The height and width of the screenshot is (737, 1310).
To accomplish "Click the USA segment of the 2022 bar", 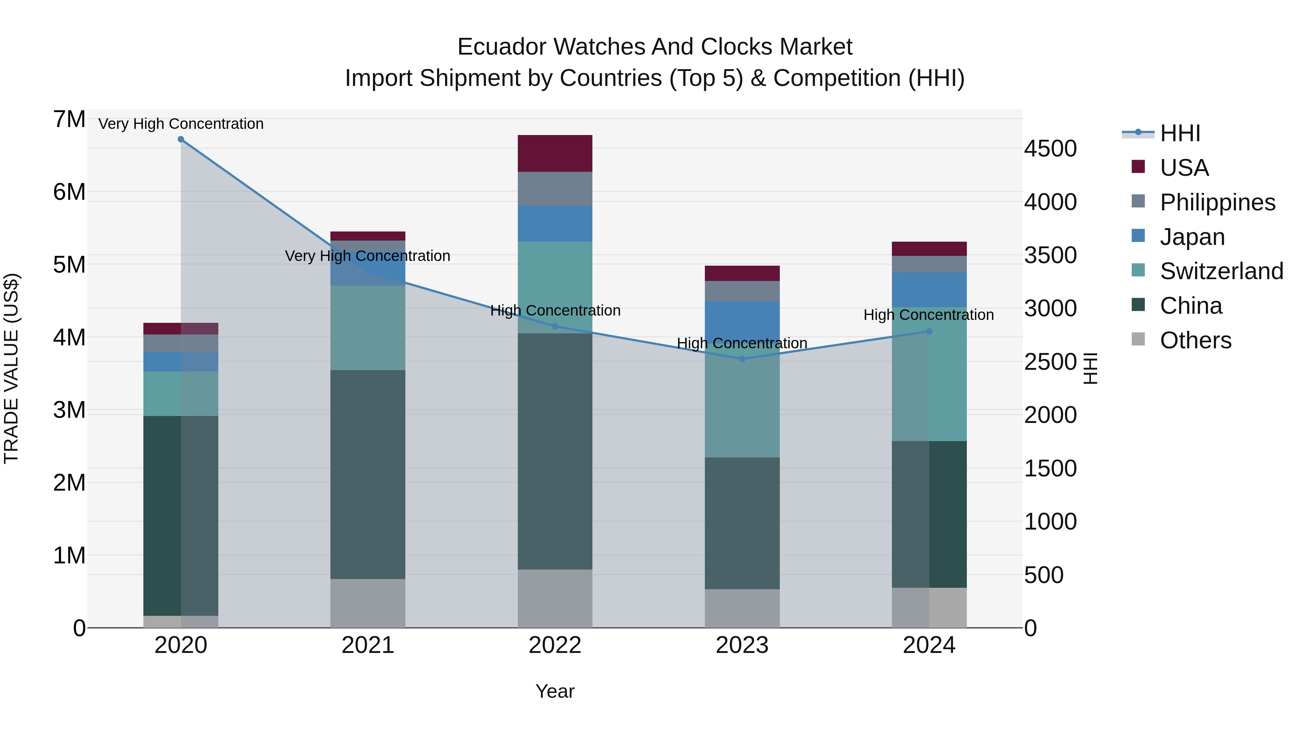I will pyautogui.click(x=555, y=153).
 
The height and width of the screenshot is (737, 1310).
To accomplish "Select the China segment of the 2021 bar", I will pyautogui.click(x=368, y=474).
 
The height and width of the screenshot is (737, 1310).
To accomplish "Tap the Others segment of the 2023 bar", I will pyautogui.click(x=742, y=608).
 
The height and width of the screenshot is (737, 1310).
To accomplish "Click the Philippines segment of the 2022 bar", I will pyautogui.click(x=555, y=189).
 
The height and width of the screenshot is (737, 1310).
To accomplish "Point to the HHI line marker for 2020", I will pyautogui.click(x=181, y=139).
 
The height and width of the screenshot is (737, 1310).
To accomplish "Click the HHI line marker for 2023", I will pyautogui.click(x=742, y=359).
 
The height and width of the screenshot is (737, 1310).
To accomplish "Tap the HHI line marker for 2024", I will pyautogui.click(x=929, y=332).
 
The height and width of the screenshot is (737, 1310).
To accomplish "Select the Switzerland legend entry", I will pyautogui.click(x=1221, y=271).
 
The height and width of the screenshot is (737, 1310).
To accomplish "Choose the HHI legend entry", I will pyautogui.click(x=1180, y=133).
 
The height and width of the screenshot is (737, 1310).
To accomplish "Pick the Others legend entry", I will pyautogui.click(x=1195, y=340).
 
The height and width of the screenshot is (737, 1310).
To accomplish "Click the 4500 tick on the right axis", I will pyautogui.click(x=1050, y=149).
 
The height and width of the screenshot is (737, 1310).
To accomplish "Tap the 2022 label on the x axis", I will pyautogui.click(x=555, y=645).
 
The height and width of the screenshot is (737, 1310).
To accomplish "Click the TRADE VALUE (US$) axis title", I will pyautogui.click(x=11, y=368).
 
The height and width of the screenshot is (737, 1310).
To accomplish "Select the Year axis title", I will pyautogui.click(x=555, y=691).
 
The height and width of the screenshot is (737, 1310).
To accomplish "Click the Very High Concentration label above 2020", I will pyautogui.click(x=181, y=124).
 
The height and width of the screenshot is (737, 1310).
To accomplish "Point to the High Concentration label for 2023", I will pyautogui.click(x=742, y=343).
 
